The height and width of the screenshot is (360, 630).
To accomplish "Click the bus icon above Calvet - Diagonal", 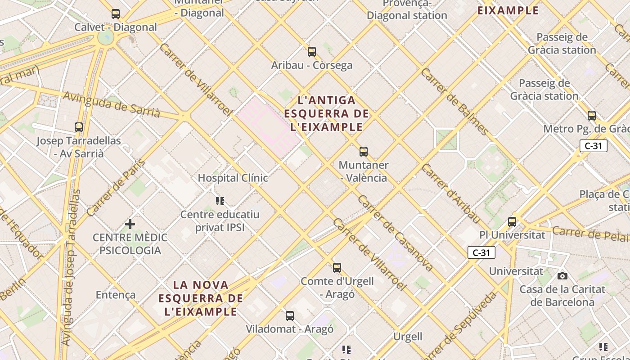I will pyautogui.click(x=116, y=14).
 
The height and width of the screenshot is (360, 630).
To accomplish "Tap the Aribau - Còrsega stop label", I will pyautogui.click(x=311, y=65).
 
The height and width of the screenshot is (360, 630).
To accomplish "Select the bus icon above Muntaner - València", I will pyautogui.click(x=364, y=152).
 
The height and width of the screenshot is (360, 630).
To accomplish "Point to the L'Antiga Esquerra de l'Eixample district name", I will pyautogui.click(x=327, y=113).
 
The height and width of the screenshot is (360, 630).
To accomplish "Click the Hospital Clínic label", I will pyautogui.click(x=233, y=178).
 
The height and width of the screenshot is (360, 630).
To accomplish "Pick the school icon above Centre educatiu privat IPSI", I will pyautogui.click(x=220, y=201).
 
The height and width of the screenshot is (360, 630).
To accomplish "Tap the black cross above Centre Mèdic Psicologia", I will pyautogui.click(x=130, y=224).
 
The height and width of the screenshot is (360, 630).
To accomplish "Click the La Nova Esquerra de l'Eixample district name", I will pyautogui.click(x=201, y=298).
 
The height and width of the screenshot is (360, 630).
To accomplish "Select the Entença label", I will pyautogui.click(x=116, y=295).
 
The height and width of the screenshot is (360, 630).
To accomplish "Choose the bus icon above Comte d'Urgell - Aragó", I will pyautogui.click(x=337, y=268).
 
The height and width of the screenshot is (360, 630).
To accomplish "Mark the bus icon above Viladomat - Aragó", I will pyautogui.click(x=290, y=315).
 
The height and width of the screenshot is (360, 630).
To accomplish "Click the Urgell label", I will pyautogui.click(x=408, y=337).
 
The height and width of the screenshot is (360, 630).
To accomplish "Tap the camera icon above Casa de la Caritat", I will pyautogui.click(x=562, y=276).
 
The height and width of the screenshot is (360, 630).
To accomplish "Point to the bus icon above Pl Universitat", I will pyautogui.click(x=512, y=221).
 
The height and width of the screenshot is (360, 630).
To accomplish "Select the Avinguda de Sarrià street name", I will pyautogui.click(x=111, y=104).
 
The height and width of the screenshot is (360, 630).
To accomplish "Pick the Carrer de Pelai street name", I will pyautogui.click(x=590, y=233).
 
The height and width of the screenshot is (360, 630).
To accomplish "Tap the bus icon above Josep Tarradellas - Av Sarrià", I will pyautogui.click(x=79, y=127).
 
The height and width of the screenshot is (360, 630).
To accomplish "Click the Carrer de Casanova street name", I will pyautogui.click(x=396, y=233).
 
